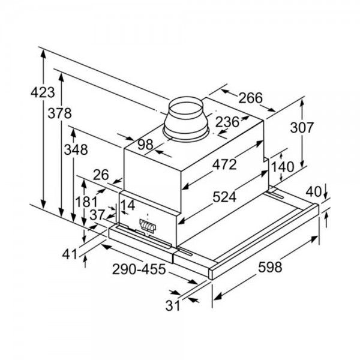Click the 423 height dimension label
[43, 92]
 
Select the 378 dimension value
[59, 113]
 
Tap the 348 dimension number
[76, 149]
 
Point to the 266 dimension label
[250, 98]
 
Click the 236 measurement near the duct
[227, 122]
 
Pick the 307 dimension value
[302, 128]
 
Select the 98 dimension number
[145, 145]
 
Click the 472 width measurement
[224, 164]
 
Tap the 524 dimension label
[224, 197]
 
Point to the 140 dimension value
[283, 167]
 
